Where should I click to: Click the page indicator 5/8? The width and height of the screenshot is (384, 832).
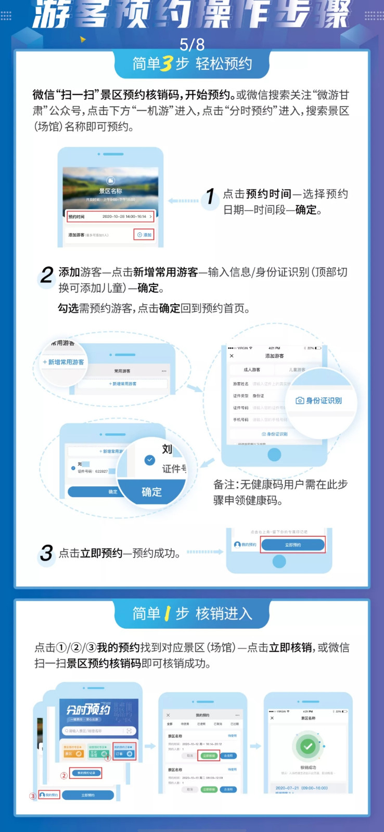click(192, 44)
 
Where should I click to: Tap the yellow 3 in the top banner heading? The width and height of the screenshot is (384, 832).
click(167, 64)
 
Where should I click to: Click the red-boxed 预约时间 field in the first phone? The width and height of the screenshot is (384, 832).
click(110, 216)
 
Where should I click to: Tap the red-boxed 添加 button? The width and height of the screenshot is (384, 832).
click(144, 235)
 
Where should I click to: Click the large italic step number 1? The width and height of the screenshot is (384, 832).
click(210, 197)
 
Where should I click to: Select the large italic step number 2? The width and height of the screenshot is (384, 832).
click(47, 275)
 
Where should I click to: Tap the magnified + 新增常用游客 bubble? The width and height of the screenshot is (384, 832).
click(63, 362)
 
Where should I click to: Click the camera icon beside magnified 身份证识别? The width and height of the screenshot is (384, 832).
click(300, 400)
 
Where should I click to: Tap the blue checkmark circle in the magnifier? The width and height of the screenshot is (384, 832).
click(150, 460)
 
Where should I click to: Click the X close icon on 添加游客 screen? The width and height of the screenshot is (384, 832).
click(232, 356)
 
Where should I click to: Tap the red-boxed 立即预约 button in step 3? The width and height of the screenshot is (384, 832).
click(293, 545)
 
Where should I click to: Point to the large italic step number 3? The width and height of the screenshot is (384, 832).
click(46, 553)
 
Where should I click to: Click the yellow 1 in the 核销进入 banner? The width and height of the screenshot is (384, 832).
click(167, 614)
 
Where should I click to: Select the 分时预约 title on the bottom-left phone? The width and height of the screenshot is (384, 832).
click(88, 710)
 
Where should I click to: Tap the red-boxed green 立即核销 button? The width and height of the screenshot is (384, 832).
click(208, 756)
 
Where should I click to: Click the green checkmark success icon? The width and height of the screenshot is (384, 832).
click(308, 746)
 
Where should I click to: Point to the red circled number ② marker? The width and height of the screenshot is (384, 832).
click(64, 775)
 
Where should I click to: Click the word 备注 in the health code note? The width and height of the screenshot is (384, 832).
click(224, 485)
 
